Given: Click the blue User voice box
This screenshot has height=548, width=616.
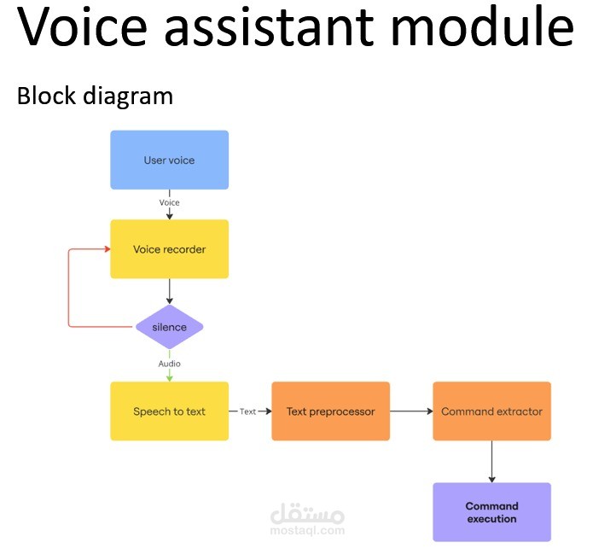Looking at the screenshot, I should pos(169,160).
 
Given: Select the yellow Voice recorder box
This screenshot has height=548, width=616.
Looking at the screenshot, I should pos(169,249).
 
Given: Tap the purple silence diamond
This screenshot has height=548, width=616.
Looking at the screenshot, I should pos(169,327).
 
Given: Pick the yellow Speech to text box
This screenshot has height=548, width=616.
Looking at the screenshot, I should pos(169,411).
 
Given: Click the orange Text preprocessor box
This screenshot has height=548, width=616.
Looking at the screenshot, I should pos(330,411).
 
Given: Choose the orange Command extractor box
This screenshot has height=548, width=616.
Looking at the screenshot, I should pos(491,411).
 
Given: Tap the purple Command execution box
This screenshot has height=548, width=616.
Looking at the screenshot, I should pos(491,512).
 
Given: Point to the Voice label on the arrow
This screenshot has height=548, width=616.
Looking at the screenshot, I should pos(169,202).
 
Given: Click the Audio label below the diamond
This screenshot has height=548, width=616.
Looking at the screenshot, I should pos(169,364).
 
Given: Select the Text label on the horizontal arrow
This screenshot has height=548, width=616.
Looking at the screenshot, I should pos(247,411).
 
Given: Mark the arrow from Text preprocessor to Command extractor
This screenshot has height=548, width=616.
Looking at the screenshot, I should pos(411,411).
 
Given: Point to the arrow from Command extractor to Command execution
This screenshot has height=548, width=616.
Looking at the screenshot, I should pos(491,461).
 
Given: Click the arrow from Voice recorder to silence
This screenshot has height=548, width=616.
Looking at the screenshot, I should pos(169,291).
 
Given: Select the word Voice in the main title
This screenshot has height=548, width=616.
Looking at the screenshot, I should pos(72,27).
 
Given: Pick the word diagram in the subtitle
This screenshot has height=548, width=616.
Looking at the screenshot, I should pos(129,95).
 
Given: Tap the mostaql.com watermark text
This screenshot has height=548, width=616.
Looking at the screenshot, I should pos(307,530).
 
